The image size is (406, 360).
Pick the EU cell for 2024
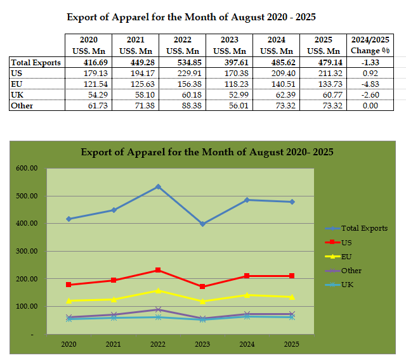click(x=279, y=84)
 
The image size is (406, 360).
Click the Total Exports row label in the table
click(x=36, y=63)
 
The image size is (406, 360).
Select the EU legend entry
click(x=346, y=256)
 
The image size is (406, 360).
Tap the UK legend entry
click(x=346, y=285)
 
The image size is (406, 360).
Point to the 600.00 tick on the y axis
click(x=26, y=169)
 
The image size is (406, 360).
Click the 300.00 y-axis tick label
click(x=26, y=252)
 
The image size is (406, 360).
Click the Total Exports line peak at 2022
click(x=158, y=187)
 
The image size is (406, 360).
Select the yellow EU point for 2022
click(x=158, y=291)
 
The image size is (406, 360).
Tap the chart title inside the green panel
click(x=207, y=152)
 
